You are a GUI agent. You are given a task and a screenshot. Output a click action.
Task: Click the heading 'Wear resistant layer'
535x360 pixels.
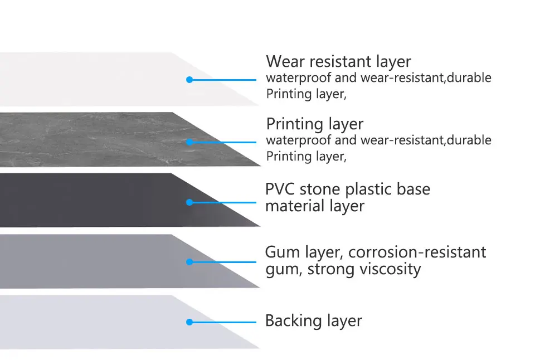tap(338, 61)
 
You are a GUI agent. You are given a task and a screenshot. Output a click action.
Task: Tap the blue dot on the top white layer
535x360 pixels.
tap(189, 80)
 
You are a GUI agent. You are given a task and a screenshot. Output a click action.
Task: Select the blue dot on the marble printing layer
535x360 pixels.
tap(189, 142)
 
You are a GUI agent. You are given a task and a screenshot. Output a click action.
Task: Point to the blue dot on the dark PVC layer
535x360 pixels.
tap(189, 202)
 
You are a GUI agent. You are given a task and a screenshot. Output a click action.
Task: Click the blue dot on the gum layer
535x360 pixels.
tap(189, 261)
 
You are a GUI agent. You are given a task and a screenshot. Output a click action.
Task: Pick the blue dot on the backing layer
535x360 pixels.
tap(189, 322)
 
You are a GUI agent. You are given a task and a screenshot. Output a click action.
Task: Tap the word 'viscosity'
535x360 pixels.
tap(390, 270)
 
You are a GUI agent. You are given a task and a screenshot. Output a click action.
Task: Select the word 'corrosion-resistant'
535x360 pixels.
tap(417, 252)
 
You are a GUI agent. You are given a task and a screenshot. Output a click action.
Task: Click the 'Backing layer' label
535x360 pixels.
tap(313, 321)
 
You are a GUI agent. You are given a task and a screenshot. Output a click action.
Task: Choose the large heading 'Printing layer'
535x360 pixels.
tap(314, 124)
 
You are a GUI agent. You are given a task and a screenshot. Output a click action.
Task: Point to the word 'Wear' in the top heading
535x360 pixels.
tap(284, 61)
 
